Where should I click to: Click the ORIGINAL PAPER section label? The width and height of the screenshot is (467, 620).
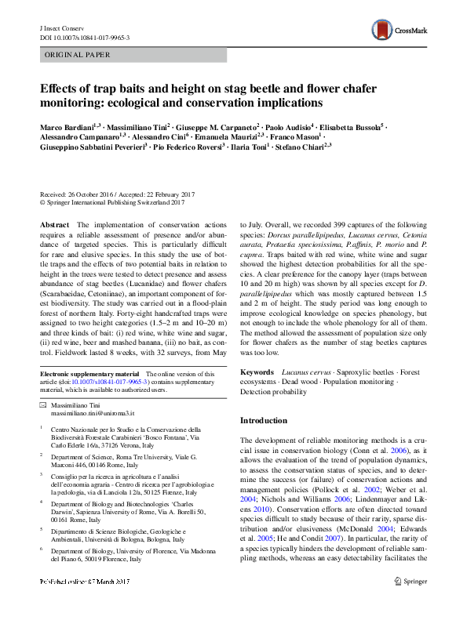(76, 55)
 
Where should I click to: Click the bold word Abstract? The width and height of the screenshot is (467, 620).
(54, 224)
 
